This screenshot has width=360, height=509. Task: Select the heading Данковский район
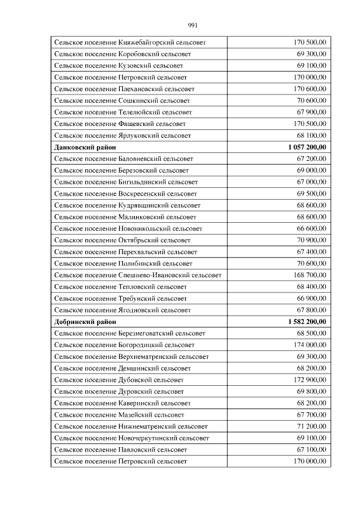pyautogui.click(x=85, y=147)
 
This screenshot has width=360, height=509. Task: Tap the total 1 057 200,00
pyautogui.click(x=307, y=147)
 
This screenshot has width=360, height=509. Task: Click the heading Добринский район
pyautogui.click(x=85, y=322)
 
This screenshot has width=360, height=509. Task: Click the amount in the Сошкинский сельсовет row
pyautogui.click(x=311, y=101)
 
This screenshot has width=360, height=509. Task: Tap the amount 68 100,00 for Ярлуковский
pyautogui.click(x=311, y=136)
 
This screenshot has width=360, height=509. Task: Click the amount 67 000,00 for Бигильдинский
pyautogui.click(x=311, y=182)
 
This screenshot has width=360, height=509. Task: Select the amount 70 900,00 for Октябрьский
pyautogui.click(x=311, y=240)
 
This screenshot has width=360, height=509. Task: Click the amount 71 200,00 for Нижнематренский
pyautogui.click(x=311, y=426)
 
